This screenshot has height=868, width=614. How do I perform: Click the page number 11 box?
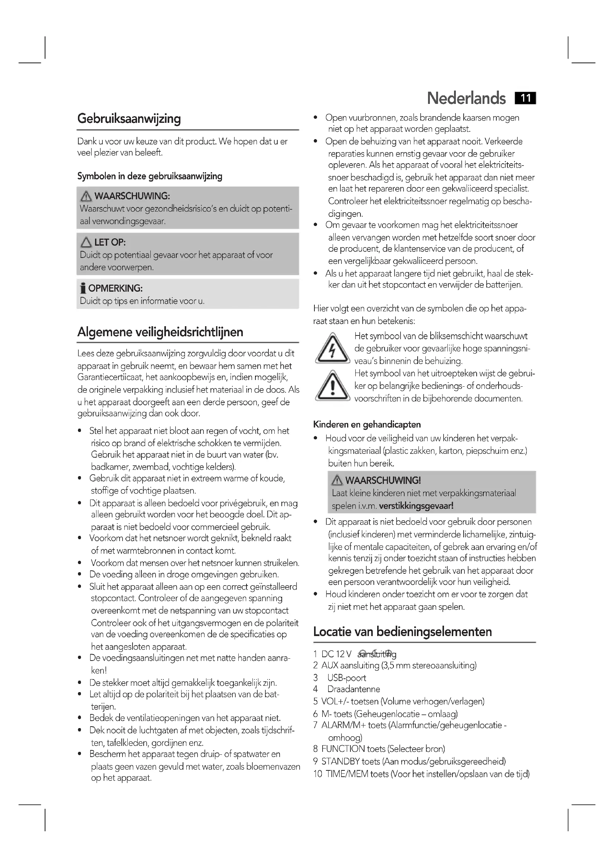click(525, 98)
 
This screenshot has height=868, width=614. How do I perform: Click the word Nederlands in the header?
click(466, 98)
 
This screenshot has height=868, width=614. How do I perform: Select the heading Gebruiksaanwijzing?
click(129, 119)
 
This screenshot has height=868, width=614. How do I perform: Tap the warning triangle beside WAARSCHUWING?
click(86, 196)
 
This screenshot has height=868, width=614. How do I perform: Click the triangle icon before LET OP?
click(86, 242)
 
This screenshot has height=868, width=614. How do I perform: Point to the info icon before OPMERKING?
click(83, 288)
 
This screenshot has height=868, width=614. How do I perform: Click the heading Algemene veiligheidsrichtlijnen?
click(160, 332)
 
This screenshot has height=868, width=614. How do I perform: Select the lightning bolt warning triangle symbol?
click(332, 348)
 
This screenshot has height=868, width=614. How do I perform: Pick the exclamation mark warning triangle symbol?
click(332, 386)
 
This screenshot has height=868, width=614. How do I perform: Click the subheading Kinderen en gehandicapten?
click(367, 425)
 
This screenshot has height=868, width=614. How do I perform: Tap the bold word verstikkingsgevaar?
click(416, 506)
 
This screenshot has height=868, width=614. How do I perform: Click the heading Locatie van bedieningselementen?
click(402, 632)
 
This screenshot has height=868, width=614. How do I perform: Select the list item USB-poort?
click(347, 678)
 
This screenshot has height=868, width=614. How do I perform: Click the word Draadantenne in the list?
click(353, 689)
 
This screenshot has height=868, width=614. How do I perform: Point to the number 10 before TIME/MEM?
click(318, 774)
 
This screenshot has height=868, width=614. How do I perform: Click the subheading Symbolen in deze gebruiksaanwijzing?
click(150, 176)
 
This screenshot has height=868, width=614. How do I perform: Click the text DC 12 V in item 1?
click(336, 654)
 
